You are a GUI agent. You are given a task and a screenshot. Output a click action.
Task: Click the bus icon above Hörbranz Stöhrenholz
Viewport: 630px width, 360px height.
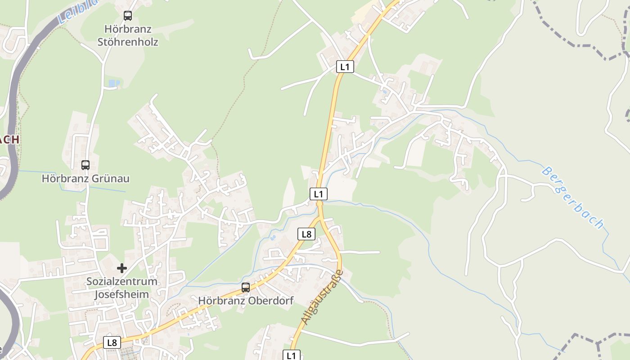[128, 16]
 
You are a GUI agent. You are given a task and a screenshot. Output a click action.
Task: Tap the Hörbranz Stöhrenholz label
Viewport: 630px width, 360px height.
[128, 36]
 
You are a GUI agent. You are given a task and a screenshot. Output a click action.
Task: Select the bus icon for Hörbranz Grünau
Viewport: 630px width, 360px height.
[85, 165]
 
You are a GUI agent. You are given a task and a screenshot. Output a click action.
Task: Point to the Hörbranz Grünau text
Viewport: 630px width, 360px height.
[85, 179]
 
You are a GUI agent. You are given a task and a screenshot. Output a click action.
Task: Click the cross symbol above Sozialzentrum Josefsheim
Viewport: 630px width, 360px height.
[121, 268]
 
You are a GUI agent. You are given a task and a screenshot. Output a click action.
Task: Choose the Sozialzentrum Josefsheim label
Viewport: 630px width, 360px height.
[122, 288]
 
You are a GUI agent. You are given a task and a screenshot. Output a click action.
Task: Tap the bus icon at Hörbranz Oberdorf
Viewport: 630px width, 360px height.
[246, 287]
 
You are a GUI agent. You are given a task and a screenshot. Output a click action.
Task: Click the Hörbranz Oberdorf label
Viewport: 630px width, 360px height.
[246, 301]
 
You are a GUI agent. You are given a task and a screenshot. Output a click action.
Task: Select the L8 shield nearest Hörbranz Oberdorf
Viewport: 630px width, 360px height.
[306, 234]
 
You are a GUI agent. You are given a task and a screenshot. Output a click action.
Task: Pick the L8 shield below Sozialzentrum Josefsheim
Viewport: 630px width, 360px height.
[112, 342]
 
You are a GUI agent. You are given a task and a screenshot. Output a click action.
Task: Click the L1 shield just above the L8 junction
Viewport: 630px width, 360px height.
[318, 194]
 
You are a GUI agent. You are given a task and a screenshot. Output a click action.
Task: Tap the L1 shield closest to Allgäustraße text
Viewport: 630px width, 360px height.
[292, 355]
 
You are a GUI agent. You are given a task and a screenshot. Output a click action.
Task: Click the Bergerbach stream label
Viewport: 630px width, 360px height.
[572, 198]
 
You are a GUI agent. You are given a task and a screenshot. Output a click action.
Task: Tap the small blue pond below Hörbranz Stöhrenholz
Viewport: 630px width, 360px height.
[114, 83]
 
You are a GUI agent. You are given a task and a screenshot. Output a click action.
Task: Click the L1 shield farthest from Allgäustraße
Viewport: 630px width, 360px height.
[345, 67]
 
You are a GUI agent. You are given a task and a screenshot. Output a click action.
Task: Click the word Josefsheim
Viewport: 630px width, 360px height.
[121, 295]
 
